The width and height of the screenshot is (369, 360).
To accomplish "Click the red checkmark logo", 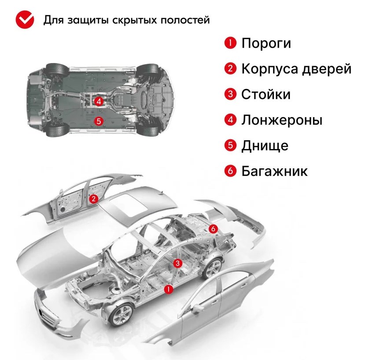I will click(25, 20).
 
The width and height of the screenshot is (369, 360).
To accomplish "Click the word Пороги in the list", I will click(266, 43).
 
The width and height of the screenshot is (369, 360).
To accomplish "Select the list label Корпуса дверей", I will click(296, 69).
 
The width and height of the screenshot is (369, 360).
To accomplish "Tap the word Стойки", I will click(266, 95).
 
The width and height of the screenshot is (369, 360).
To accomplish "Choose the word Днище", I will click(265, 145).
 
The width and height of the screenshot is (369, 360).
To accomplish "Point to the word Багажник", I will click(274, 171).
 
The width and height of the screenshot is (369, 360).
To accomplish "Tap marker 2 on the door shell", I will click(93, 199).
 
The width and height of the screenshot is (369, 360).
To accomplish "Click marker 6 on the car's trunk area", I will click(213, 228).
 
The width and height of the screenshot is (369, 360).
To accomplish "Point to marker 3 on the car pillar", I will click(177, 264).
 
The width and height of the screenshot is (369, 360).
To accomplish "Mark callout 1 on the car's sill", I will click(168, 289).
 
